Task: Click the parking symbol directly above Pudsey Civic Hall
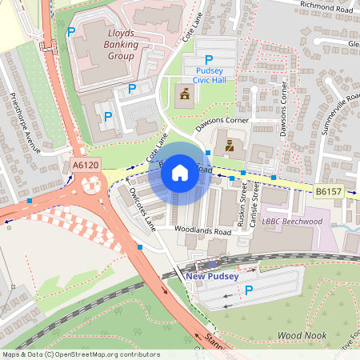(209, 59)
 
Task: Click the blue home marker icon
(180, 173)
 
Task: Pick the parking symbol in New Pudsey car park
(248, 289)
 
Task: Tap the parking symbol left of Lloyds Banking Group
(72, 32)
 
